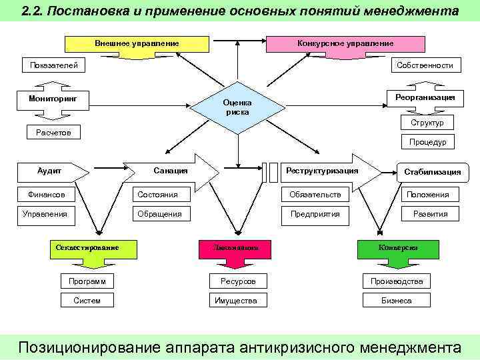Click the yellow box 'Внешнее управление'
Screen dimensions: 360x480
point(137,43)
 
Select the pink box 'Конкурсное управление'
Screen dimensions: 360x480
point(345,43)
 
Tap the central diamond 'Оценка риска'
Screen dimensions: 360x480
point(237,107)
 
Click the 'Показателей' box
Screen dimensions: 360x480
point(50,65)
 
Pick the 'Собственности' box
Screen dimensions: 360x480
point(425,65)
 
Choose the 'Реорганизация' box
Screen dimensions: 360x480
point(425,97)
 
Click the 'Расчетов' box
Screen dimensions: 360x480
point(53,133)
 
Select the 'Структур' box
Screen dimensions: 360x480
point(427,123)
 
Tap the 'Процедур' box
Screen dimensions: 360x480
point(427,142)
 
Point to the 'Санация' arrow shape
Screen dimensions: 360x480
point(172,171)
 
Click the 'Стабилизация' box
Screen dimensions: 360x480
point(432,171)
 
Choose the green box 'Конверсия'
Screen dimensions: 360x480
point(398,248)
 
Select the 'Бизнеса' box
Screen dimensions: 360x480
point(397,301)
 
